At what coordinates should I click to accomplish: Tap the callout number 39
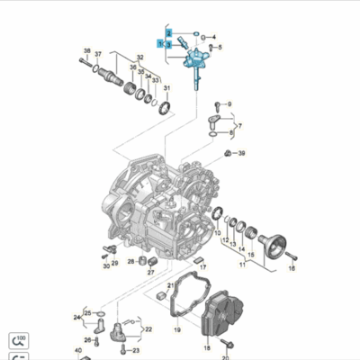point(242,154)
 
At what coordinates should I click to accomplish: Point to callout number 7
point(241,126)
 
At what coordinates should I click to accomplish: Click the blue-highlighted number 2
point(168,32)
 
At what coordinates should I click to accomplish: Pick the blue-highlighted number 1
point(160,42)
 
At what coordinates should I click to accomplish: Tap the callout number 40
point(78,350)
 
